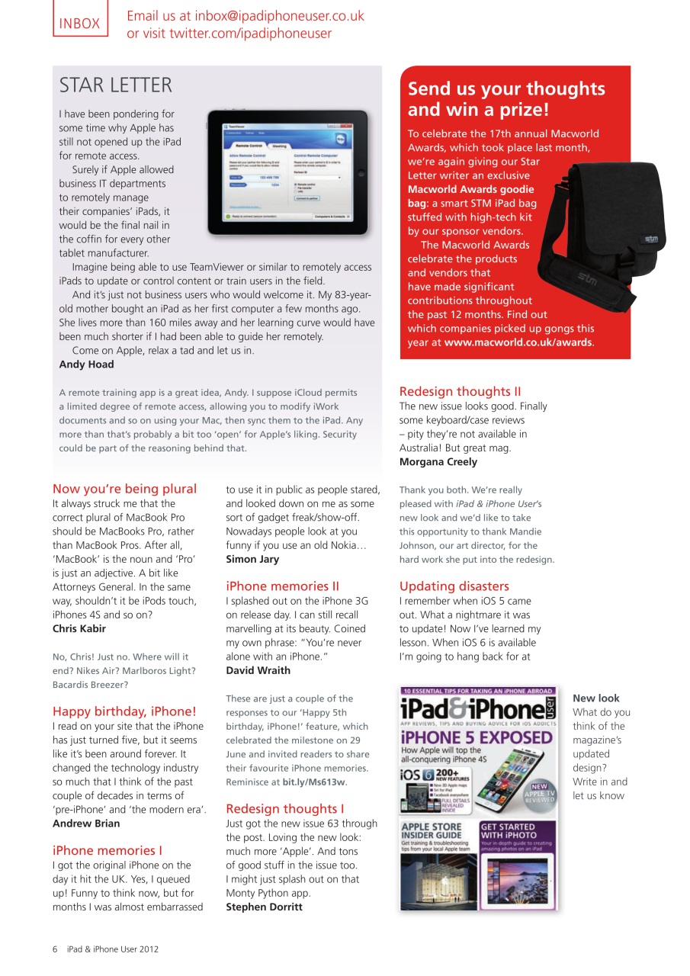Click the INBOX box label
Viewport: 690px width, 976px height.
click(x=80, y=23)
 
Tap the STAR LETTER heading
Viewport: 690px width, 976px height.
click(x=116, y=85)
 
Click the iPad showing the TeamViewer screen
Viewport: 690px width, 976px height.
click(x=287, y=172)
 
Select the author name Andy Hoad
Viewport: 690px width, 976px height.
click(x=87, y=364)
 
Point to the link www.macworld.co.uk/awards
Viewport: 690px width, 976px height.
click(x=518, y=342)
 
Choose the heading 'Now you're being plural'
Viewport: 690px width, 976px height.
click(x=124, y=489)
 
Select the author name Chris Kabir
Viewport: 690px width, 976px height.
click(x=79, y=629)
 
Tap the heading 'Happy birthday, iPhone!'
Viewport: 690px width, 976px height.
click(x=124, y=711)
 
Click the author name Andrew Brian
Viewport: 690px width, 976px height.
click(x=86, y=823)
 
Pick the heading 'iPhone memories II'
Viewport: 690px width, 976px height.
click(x=282, y=586)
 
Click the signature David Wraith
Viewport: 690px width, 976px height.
click(x=258, y=671)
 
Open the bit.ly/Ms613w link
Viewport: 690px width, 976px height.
click(x=313, y=782)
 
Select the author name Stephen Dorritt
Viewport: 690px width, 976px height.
click(x=264, y=907)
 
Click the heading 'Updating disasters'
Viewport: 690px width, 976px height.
click(x=454, y=586)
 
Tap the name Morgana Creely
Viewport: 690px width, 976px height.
click(x=438, y=462)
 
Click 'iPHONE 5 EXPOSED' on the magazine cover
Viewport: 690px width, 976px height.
click(x=477, y=738)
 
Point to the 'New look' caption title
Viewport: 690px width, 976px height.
click(x=596, y=698)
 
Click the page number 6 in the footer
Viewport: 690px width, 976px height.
click(x=55, y=949)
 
